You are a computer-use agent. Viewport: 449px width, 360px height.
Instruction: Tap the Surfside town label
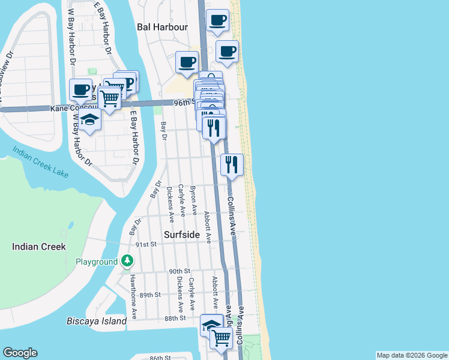click(x=182, y=235)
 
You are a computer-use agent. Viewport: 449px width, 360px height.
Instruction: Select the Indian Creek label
click(x=39, y=247)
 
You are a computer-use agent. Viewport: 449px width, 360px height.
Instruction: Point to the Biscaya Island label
click(x=97, y=321)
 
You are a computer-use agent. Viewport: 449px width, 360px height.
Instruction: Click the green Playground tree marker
click(x=127, y=261)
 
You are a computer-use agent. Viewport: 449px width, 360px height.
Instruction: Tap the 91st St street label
click(x=146, y=244)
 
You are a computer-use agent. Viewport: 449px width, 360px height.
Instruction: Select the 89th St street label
click(x=150, y=295)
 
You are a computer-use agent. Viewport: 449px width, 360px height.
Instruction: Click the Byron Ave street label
click(x=193, y=200)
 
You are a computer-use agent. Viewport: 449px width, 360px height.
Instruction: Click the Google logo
click(x=20, y=353)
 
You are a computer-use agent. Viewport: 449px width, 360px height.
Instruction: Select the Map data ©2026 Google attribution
click(x=412, y=355)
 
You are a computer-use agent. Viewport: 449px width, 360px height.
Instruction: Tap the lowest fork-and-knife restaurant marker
click(x=232, y=164)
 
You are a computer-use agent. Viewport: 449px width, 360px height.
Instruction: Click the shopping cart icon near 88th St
click(x=221, y=338)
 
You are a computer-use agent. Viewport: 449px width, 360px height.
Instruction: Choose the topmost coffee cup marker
click(x=218, y=20)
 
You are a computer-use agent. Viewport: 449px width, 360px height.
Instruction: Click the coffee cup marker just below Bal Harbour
click(x=187, y=61)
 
